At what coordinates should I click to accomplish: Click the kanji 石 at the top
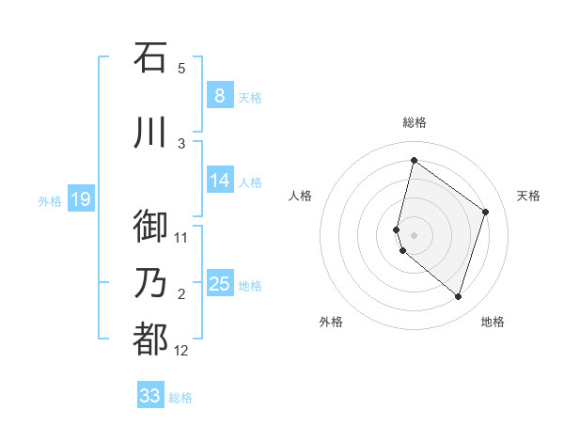pyautogui.click(x=150, y=57)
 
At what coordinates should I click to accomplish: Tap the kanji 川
pyautogui.click(x=150, y=133)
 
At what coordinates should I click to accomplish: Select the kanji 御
pyautogui.click(x=150, y=227)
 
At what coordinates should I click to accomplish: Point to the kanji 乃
pyautogui.click(x=150, y=284)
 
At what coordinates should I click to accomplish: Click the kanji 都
pyautogui.click(x=150, y=339)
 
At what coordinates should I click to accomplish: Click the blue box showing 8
pyautogui.click(x=219, y=96)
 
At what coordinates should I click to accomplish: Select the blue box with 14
pyautogui.click(x=219, y=181)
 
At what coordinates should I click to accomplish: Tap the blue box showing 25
pyautogui.click(x=219, y=284)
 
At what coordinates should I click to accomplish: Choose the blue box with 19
pyautogui.click(x=81, y=199)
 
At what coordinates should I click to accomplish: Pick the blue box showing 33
pyautogui.click(x=149, y=396)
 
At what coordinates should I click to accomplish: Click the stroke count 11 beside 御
pyautogui.click(x=181, y=237)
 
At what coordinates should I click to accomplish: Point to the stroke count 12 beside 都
pyautogui.click(x=181, y=351)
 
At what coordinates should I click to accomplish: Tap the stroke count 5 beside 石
pyautogui.click(x=181, y=68)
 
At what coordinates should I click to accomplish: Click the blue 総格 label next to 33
pyautogui.click(x=180, y=398)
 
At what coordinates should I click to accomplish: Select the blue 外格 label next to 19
pyautogui.click(x=50, y=200)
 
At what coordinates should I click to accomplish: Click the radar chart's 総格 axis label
pyautogui.click(x=414, y=122)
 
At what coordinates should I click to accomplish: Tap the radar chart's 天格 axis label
pyautogui.click(x=528, y=196)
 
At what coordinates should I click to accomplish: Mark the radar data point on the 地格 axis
pyautogui.click(x=458, y=297)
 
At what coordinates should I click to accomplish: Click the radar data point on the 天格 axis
pyautogui.click(x=485, y=212)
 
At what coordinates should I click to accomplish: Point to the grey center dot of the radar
pyautogui.click(x=414, y=234)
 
